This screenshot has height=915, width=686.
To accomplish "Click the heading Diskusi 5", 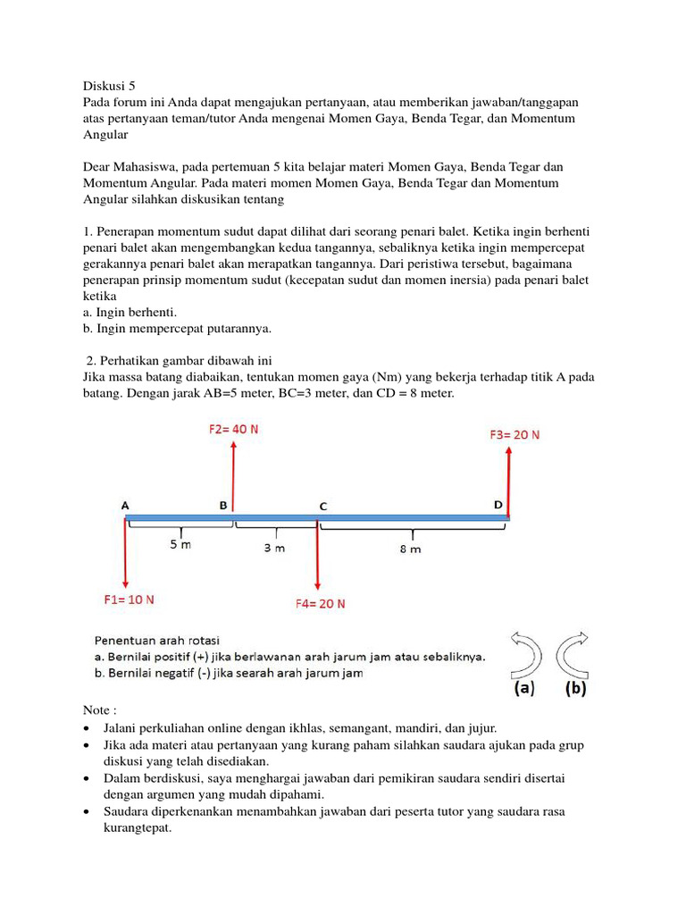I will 109,87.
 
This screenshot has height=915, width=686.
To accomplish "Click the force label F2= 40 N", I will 233,429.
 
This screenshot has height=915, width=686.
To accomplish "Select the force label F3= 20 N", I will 514,435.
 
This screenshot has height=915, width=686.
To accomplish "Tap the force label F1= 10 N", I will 129,600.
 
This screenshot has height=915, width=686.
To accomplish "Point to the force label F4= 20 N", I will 320,603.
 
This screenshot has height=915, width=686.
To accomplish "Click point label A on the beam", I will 125,505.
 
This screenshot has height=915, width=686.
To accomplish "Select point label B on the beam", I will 223,505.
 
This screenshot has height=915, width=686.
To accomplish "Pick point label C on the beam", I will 322,506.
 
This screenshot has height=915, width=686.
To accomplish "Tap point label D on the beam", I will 498,505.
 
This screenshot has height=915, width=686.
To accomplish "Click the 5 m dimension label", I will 180,545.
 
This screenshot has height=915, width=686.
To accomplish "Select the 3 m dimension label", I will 274,548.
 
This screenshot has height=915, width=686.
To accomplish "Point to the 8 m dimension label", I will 410,549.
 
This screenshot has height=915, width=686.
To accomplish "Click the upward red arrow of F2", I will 233,474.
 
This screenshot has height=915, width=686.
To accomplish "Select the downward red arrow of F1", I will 126,554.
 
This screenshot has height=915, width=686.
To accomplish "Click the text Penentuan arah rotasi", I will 157,640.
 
